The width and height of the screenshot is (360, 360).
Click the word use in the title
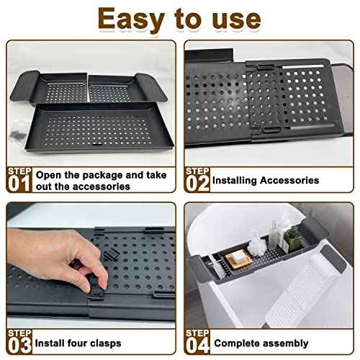pyautogui.click(x=235, y=19)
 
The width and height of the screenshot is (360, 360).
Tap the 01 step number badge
pyautogui.click(x=19, y=181)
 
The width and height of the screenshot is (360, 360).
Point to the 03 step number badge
pyautogui.click(x=19, y=342)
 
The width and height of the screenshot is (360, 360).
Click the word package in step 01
pyautogui.click(x=104, y=175)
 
